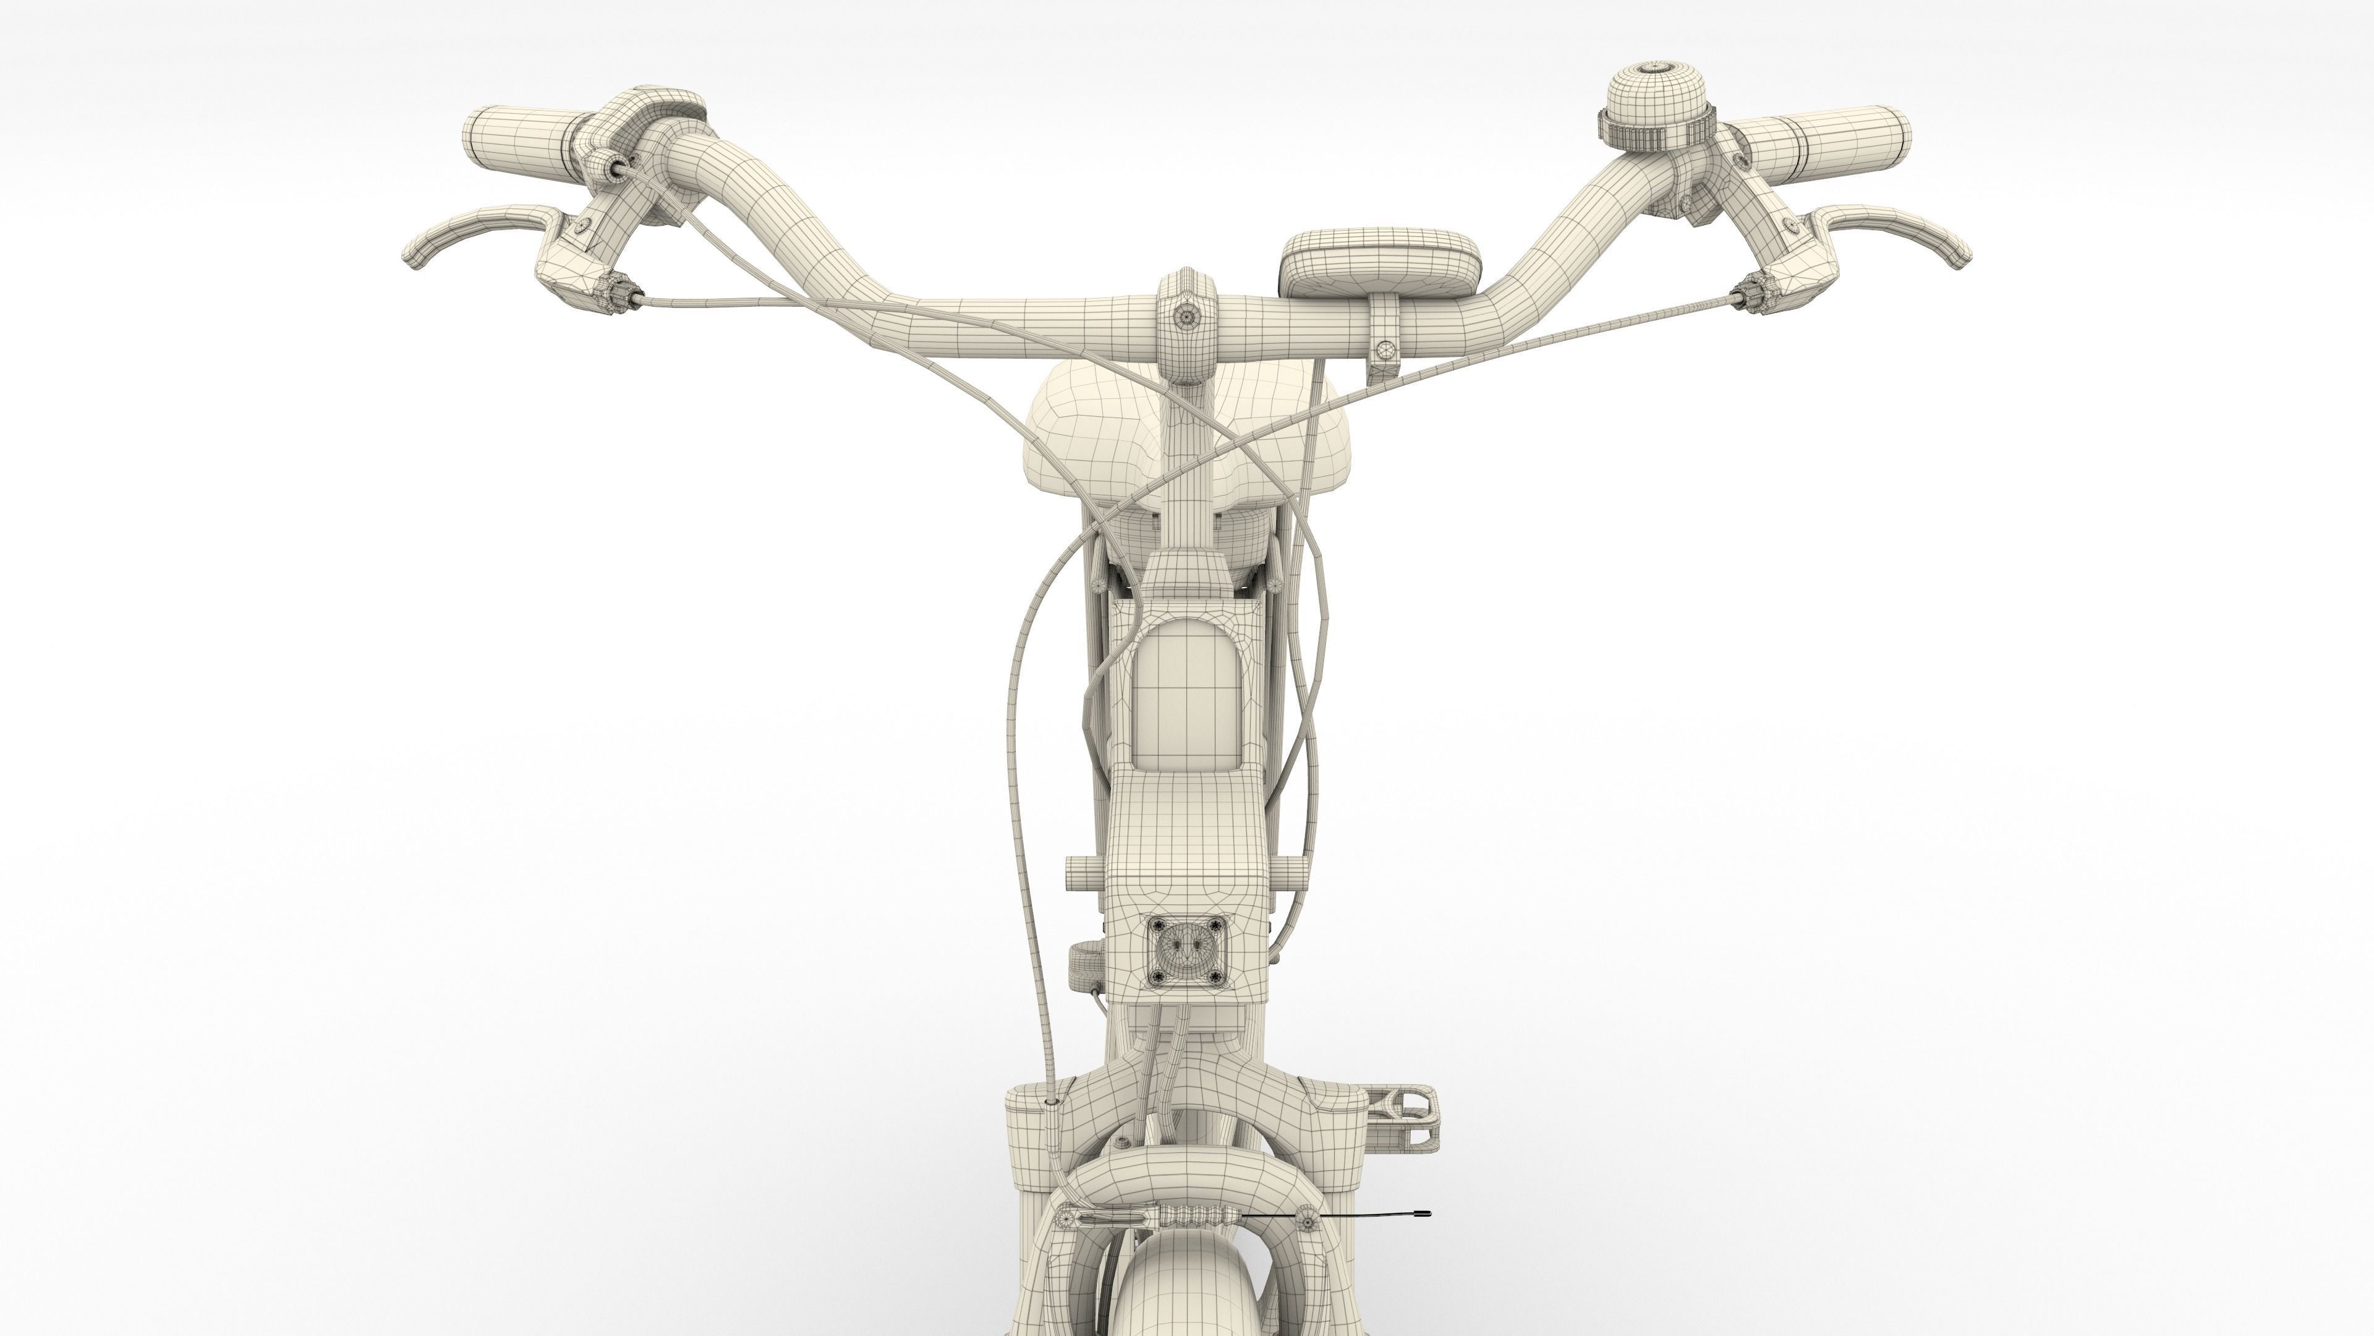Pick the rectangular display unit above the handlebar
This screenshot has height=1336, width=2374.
[x=1380, y=261]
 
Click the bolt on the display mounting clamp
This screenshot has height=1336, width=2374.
[x=1384, y=349]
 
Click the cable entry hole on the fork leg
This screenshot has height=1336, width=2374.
[x=1052, y=1102]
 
